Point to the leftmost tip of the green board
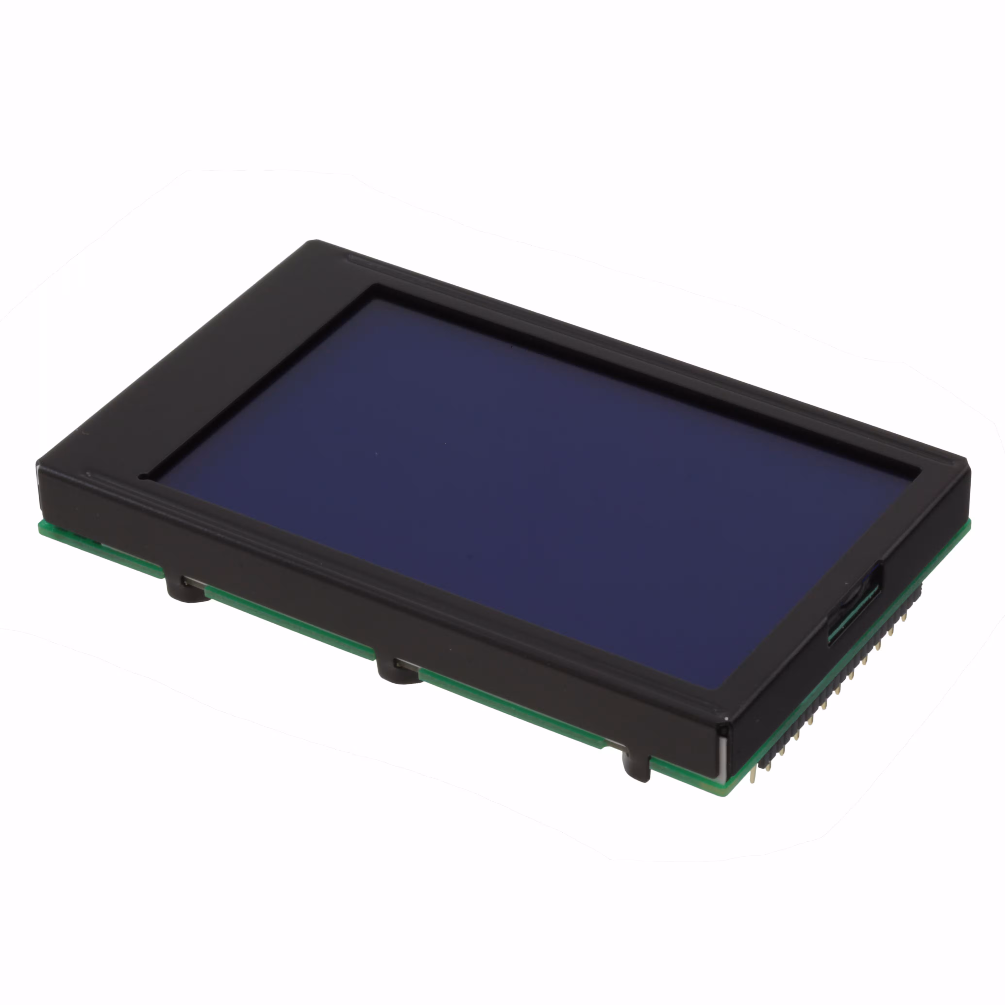(41, 525)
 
